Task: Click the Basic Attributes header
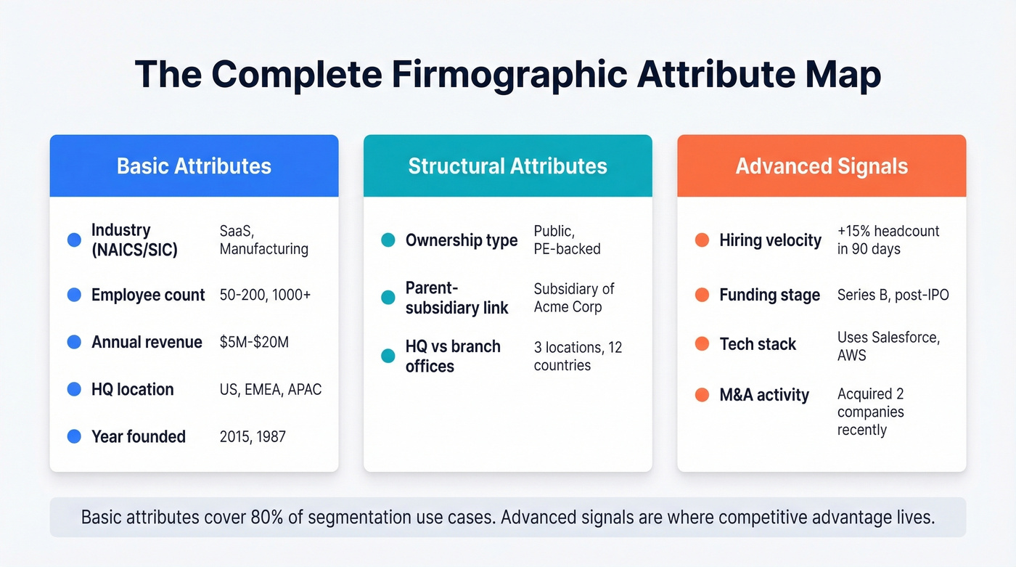[194, 166]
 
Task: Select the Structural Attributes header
[507, 166]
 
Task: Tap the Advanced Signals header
[822, 166]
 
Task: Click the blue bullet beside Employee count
[74, 295]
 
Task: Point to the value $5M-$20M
[254, 342]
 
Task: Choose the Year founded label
[139, 436]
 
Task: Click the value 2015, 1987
[253, 436]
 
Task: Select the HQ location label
[133, 389]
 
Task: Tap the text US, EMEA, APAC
[270, 389]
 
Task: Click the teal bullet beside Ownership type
[388, 240]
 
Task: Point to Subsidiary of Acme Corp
[574, 298]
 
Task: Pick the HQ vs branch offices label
[453, 356]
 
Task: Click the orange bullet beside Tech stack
[702, 344]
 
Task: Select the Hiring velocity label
[770, 240]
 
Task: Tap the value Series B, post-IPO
[893, 295]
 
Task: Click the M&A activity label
[764, 395]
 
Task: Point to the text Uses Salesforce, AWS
[888, 346]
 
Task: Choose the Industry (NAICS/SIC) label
[134, 240]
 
